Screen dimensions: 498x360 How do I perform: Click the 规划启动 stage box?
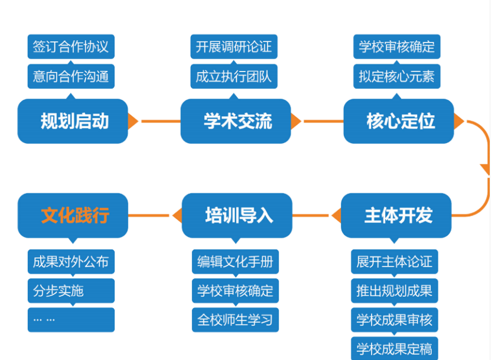coord(73,121)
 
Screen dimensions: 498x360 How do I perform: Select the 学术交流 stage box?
coord(236,121)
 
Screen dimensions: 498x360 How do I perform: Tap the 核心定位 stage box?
coord(399,121)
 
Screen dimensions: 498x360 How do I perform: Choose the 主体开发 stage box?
coord(396,215)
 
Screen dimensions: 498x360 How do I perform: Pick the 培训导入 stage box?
coord(237,215)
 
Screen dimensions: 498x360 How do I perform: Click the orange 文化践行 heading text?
coord(75,215)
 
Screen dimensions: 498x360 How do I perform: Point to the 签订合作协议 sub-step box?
coord(71,47)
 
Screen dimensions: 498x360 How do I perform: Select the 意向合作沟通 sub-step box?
coord(71,76)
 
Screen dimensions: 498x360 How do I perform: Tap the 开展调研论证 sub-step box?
coord(234,47)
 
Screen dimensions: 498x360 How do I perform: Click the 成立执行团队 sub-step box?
coord(234,76)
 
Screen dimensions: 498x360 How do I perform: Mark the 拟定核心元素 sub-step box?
coord(397,76)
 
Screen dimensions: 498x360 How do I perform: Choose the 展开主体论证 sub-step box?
coord(395,261)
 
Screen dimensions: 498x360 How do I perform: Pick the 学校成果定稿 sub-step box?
coord(395,349)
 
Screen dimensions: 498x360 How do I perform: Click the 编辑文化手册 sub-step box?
coord(235,261)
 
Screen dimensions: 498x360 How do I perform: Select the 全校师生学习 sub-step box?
coord(235,320)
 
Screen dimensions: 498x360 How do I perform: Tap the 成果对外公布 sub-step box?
coord(71,261)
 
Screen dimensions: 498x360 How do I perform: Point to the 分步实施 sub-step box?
coord(71,291)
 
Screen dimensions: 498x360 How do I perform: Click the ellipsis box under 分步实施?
coord(71,320)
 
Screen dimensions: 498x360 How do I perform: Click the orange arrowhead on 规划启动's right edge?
coord(132,121)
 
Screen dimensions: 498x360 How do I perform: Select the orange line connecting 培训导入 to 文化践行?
coord(149,215)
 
